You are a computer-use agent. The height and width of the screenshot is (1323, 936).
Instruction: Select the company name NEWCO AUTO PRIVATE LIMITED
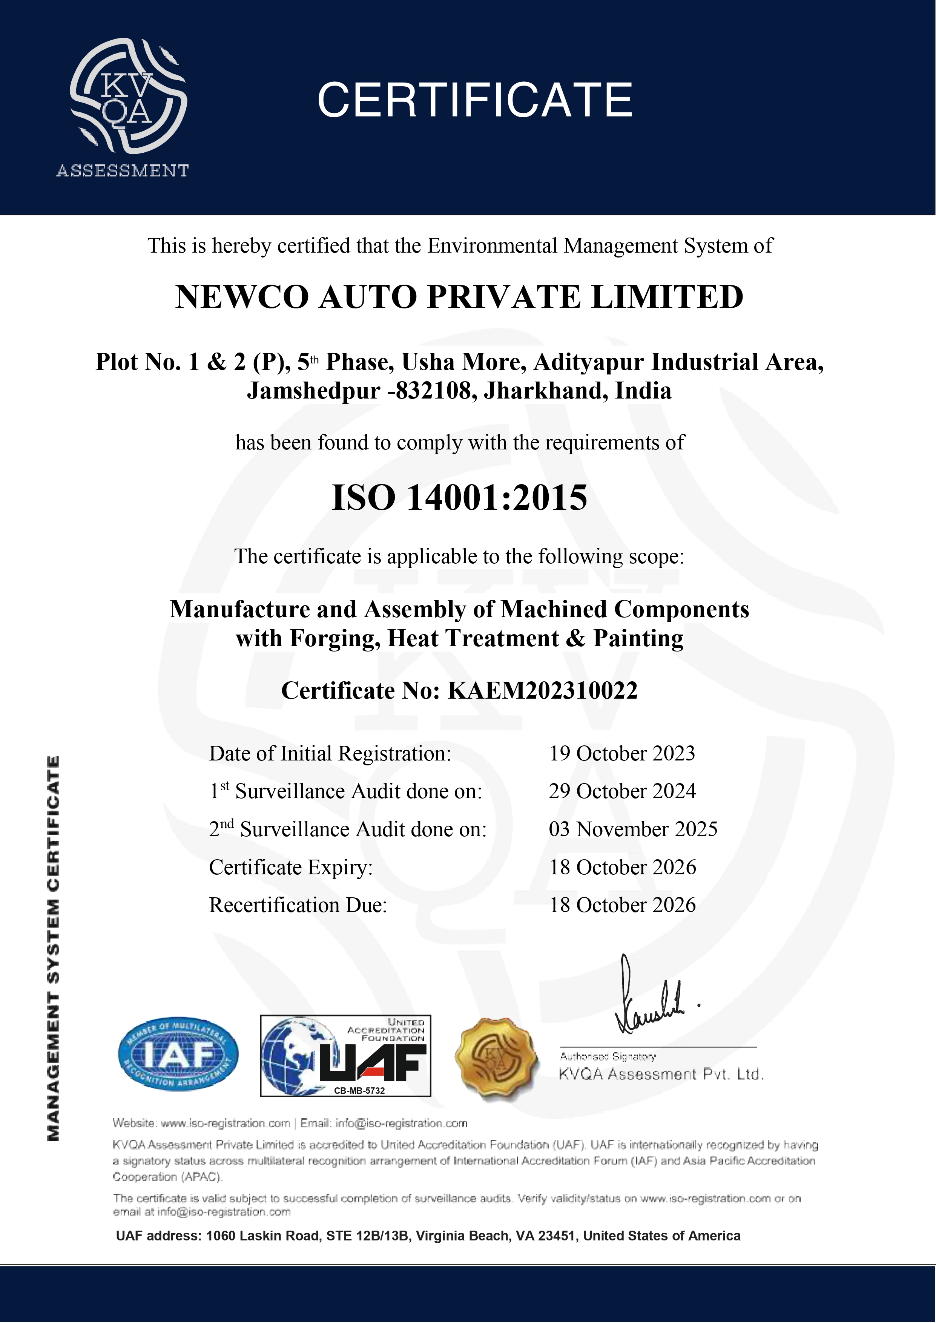[459, 297]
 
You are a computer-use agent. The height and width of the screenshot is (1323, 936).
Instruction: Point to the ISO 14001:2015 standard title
[459, 498]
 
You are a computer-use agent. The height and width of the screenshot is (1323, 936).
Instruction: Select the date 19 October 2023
[622, 754]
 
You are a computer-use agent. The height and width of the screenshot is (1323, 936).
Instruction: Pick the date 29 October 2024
[622, 791]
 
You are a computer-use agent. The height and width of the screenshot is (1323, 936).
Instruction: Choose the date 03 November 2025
[633, 829]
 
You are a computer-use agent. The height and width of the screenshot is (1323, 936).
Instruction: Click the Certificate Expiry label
[290, 867]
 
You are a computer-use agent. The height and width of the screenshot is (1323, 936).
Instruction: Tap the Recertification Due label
[298, 905]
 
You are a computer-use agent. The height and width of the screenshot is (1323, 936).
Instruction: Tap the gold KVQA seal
[496, 1058]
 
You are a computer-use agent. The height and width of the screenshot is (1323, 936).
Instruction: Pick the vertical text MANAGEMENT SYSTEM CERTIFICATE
[53, 947]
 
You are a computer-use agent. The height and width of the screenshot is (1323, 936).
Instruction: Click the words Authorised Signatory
[608, 1056]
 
